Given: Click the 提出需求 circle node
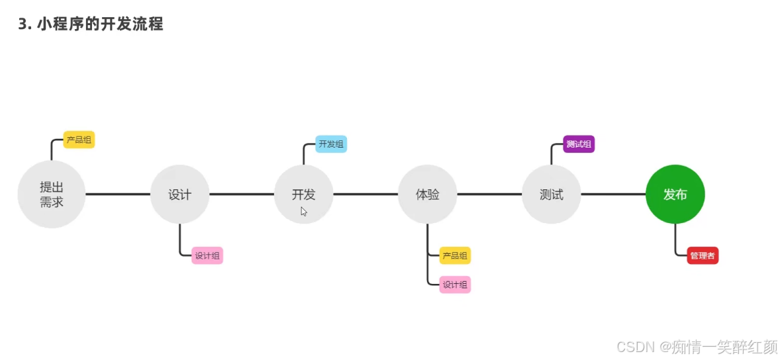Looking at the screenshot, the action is [x=51, y=195].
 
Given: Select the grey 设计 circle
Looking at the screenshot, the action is [x=179, y=195].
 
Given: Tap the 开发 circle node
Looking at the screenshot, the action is [x=303, y=195].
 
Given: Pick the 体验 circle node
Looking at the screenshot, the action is [x=427, y=195].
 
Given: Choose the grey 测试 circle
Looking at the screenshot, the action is [x=551, y=195].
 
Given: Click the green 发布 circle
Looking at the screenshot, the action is [x=675, y=195].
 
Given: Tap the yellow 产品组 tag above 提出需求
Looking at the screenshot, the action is [x=79, y=140].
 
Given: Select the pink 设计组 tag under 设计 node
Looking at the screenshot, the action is [x=207, y=255].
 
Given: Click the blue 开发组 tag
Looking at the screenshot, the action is [x=331, y=144].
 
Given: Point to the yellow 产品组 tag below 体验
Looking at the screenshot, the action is [x=455, y=255].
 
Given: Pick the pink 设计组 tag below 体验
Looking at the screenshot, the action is [x=455, y=285].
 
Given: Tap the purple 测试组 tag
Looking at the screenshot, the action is [x=579, y=144].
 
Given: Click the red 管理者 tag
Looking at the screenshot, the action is [x=703, y=255].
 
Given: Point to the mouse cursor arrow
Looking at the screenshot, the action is [x=304, y=211].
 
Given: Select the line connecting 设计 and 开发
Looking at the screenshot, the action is [x=242, y=195].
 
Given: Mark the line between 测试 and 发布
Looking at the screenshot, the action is [x=613, y=195].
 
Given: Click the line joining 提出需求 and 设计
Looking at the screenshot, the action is [x=118, y=195].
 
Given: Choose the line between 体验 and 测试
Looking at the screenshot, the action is [x=489, y=195].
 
